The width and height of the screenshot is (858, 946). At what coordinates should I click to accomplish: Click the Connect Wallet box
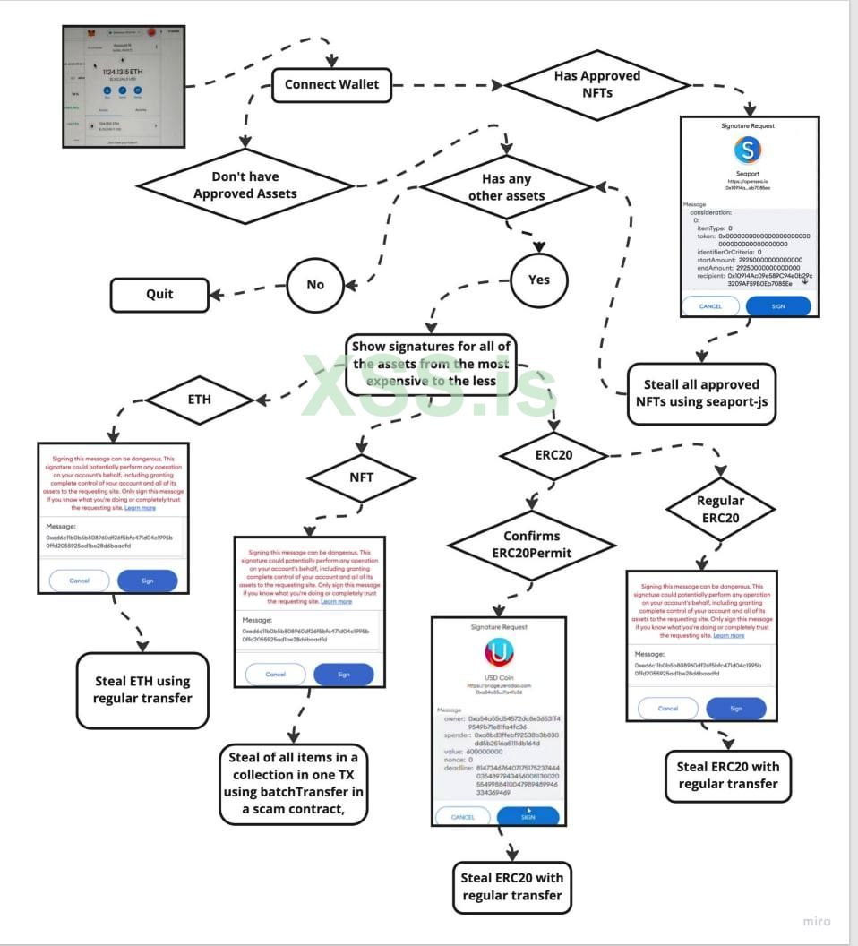click(331, 85)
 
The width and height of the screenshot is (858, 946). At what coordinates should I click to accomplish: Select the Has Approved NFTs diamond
click(596, 84)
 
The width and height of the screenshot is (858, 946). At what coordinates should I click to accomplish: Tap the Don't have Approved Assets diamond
click(244, 185)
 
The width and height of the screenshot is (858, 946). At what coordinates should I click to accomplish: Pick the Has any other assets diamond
click(507, 186)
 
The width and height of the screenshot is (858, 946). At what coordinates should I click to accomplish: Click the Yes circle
click(538, 279)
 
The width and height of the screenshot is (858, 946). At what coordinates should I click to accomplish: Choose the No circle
click(315, 285)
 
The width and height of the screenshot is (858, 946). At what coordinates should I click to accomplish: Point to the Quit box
click(159, 294)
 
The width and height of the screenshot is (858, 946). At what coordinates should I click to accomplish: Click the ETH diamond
click(200, 400)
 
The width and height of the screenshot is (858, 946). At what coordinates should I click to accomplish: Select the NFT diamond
click(361, 477)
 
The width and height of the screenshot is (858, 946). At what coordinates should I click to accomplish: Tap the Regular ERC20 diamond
click(719, 510)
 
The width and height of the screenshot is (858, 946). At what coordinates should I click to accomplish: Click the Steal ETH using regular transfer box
click(142, 690)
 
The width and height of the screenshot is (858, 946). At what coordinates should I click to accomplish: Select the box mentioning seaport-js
click(701, 393)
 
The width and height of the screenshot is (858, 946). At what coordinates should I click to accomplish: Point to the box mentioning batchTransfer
click(293, 784)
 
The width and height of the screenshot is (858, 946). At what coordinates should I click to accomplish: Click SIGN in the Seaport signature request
click(778, 305)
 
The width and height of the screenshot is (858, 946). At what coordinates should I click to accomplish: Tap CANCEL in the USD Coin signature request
click(463, 816)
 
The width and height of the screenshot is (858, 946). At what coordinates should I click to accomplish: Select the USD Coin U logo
click(499, 650)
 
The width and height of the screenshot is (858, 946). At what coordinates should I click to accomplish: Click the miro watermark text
click(815, 921)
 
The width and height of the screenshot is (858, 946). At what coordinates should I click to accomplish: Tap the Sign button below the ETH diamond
click(148, 580)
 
